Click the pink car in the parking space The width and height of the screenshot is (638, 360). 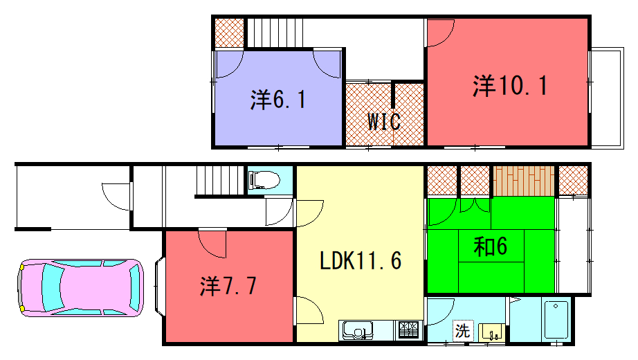point(80,288)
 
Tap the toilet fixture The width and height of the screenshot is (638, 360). point(265,180)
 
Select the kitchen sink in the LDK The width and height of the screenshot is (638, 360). point(358,330)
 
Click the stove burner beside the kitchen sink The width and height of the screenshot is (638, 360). point(408,330)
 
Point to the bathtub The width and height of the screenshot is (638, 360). point(556,320)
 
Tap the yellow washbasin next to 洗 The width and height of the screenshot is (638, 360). point(492,332)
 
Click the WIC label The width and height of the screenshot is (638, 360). point(385,121)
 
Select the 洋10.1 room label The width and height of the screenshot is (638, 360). point(510,86)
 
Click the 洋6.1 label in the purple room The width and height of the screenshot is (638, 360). point(278,100)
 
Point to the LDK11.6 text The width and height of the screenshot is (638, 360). point(361,260)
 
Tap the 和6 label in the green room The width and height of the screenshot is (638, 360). point(491,246)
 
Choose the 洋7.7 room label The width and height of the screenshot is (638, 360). point(228,286)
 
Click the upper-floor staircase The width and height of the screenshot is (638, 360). point(275,33)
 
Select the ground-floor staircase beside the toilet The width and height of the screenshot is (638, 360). point(221,181)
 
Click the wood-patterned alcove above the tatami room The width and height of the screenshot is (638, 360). point(524,181)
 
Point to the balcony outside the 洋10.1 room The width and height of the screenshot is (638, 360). point(607,98)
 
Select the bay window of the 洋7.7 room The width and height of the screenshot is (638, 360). point(159,287)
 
